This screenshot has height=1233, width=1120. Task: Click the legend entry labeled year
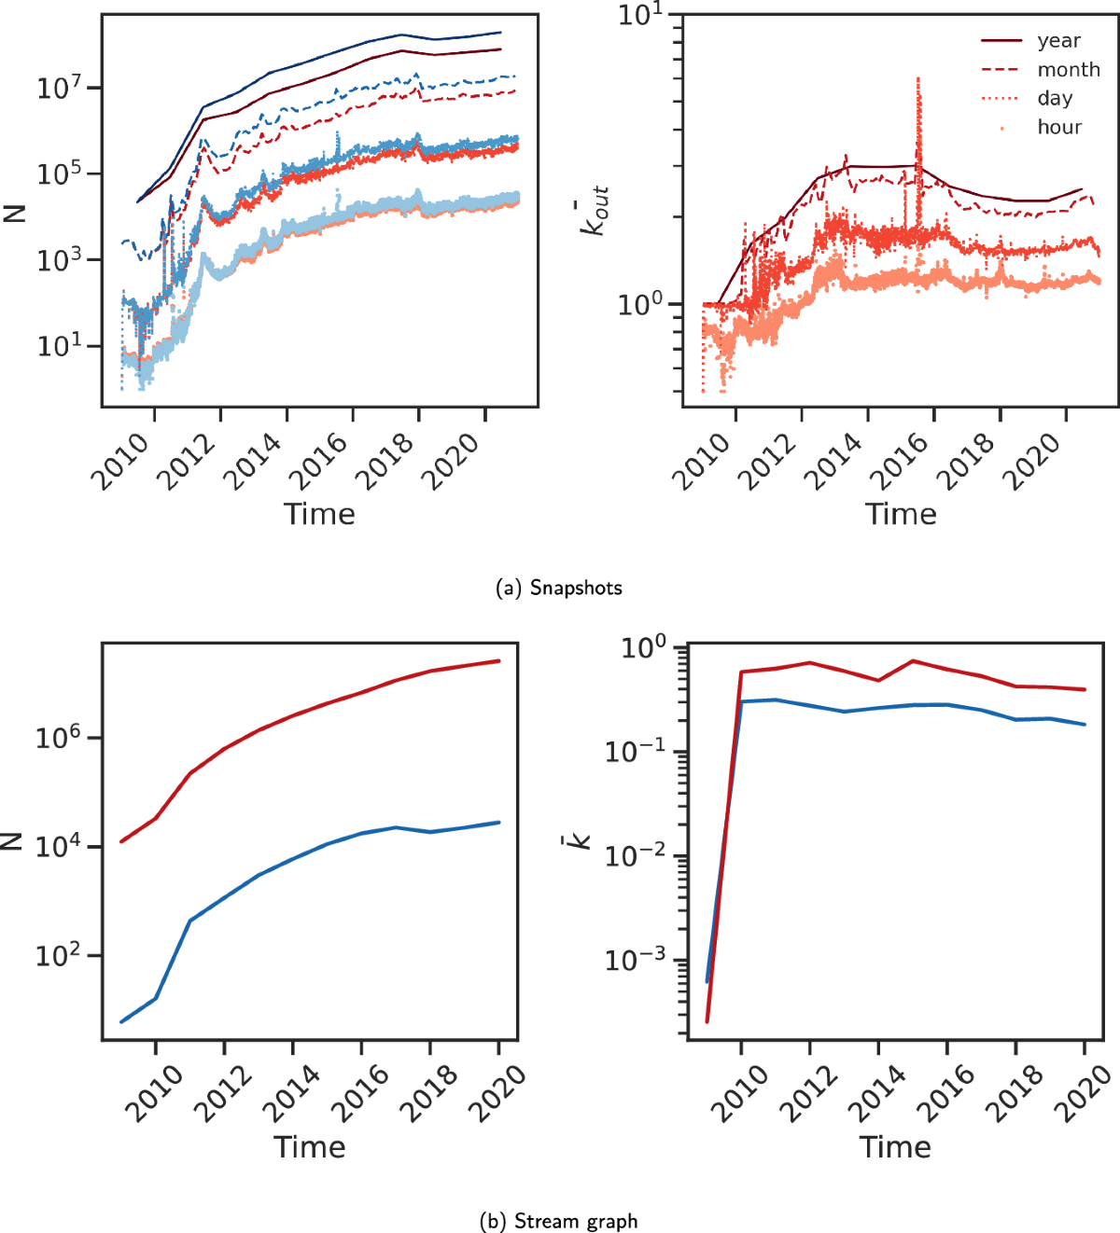coord(1058,41)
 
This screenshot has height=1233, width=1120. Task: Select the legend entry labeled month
coord(1068,70)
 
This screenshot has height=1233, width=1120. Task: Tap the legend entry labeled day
coord(1055,99)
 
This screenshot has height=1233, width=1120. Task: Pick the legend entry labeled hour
coord(1059,128)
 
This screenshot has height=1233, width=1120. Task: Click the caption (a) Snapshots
coord(560,588)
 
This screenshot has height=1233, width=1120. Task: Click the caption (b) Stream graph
coord(559,1221)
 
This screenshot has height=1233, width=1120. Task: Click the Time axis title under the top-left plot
coord(319,514)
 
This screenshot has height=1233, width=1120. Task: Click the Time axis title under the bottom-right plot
coord(895,1147)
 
